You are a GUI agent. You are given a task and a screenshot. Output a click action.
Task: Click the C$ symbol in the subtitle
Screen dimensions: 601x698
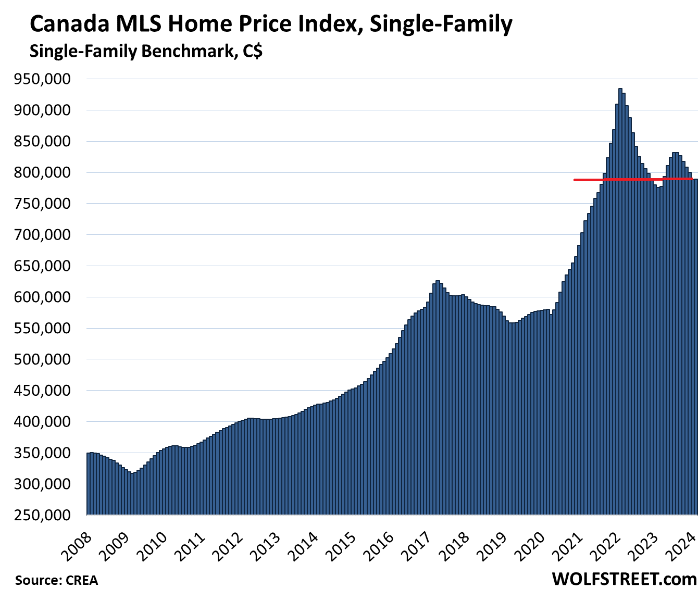coord(252,51)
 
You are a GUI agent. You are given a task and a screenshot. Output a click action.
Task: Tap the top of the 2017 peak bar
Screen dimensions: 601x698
coord(438,281)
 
